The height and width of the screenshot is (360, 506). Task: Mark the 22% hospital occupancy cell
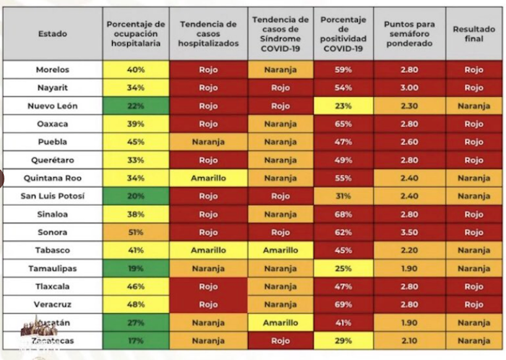pyautogui.click(x=136, y=106)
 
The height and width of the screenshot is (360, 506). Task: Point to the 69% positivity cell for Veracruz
pyautogui.click(x=343, y=305)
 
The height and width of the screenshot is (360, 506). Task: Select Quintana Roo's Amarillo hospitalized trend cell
pyautogui.click(x=208, y=178)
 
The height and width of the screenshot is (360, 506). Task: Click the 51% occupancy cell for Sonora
pyautogui.click(x=136, y=233)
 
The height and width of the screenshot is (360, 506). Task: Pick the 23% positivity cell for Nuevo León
pyautogui.click(x=343, y=106)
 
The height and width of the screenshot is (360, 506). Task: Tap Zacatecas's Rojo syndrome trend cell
pyautogui.click(x=280, y=340)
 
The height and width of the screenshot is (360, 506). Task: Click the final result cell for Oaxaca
pyautogui.click(x=474, y=124)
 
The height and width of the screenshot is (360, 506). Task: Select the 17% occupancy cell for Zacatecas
pyautogui.click(x=136, y=340)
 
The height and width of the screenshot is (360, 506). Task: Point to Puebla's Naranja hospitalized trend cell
pyautogui.click(x=208, y=142)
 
